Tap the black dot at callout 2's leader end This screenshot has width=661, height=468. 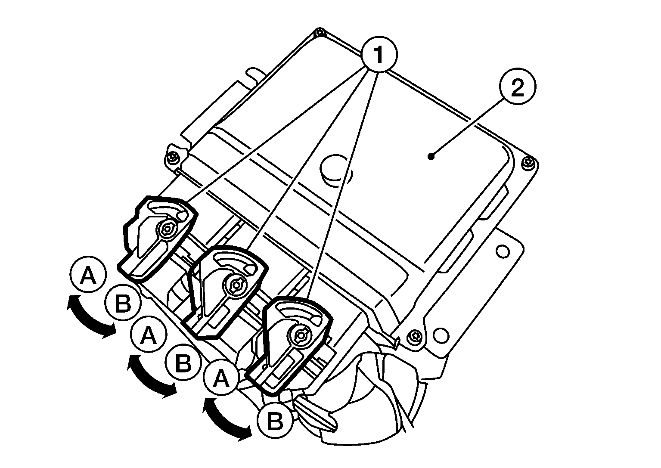point(431,157)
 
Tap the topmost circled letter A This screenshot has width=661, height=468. point(88,276)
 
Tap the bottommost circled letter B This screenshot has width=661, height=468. point(275,420)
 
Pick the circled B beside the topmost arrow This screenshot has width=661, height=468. point(123,304)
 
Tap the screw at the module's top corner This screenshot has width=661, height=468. point(318,32)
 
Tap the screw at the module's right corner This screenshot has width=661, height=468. point(529,162)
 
